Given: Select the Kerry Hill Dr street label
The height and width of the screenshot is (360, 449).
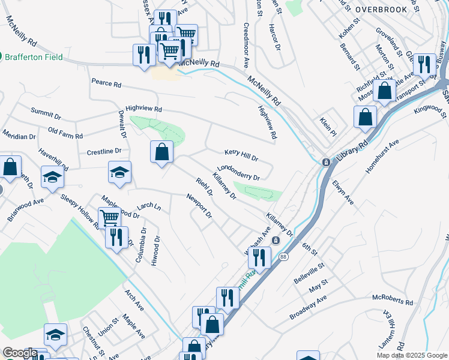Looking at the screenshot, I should (241, 155).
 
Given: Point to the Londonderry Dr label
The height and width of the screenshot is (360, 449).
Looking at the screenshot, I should (238, 173).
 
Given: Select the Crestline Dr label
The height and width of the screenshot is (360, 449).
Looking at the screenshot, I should (104, 152).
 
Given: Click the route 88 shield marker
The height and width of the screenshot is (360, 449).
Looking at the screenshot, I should (283, 257).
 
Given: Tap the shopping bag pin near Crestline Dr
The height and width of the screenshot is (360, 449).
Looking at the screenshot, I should (162, 152).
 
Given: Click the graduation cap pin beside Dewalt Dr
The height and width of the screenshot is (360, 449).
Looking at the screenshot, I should (119, 172).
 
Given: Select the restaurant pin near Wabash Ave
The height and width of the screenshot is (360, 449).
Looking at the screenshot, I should (259, 257).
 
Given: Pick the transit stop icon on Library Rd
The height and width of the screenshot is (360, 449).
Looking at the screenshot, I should (325, 162).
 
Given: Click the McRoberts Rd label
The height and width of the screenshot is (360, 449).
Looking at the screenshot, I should (393, 300).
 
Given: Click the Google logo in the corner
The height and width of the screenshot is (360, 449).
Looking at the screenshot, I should (20, 353).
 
